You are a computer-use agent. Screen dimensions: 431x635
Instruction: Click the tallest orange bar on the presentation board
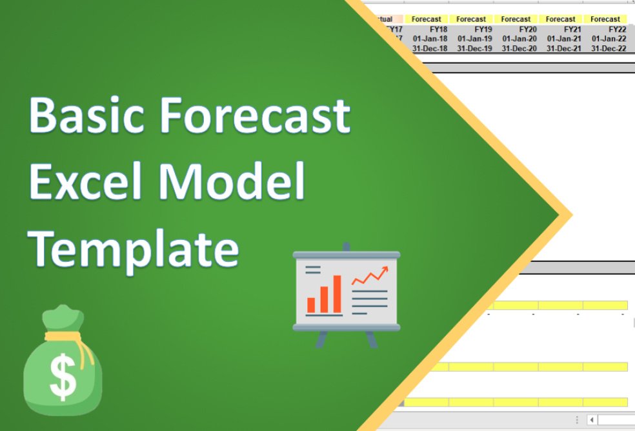pos(337,294)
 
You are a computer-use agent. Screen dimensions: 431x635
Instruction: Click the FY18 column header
pos(438,29)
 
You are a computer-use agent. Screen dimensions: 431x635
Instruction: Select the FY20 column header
pos(527,29)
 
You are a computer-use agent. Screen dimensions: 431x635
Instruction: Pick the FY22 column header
pos(616,29)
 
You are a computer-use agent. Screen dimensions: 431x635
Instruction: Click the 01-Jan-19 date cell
pos(474,39)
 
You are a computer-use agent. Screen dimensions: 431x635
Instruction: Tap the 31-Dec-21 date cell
pos(563,48)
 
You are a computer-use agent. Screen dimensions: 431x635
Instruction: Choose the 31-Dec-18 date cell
pos(430,48)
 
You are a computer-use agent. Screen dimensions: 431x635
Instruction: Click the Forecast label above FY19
pos(471,19)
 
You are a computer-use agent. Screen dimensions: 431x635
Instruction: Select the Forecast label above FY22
pos(605,19)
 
